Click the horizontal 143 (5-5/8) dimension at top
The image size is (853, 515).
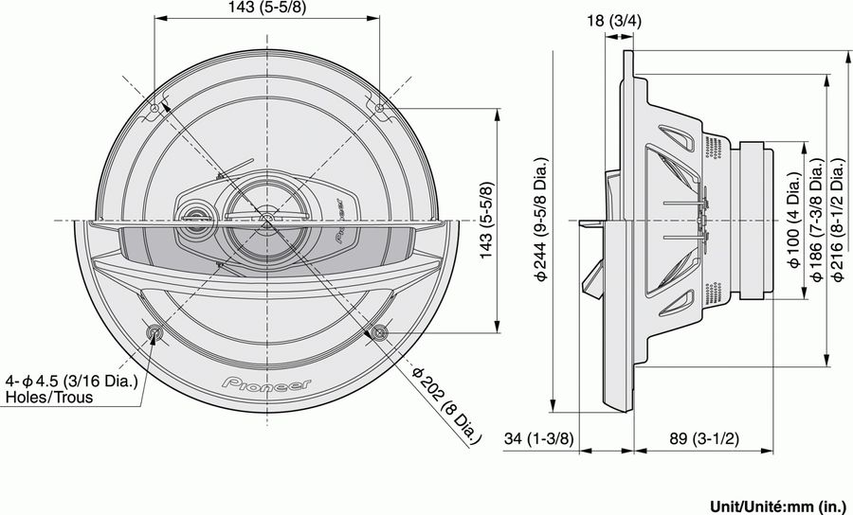coord(266,9)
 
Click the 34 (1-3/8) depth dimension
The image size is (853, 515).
coord(539,438)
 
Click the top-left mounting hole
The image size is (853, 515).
coord(155,110)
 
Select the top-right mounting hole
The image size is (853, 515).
coord(379,110)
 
